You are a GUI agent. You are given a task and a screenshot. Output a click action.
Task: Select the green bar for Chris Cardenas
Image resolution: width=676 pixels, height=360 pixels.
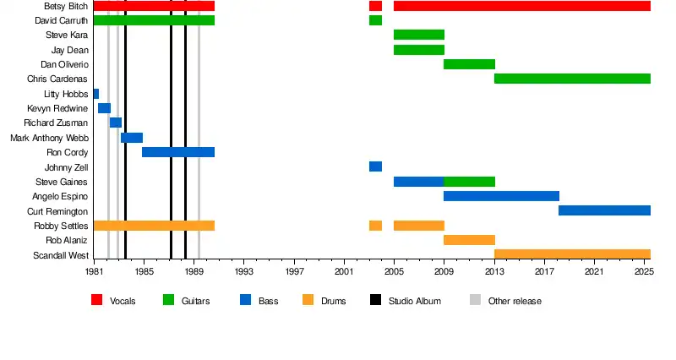coord(572,79)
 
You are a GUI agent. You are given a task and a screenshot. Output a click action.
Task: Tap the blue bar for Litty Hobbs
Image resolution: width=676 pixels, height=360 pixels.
coord(95,94)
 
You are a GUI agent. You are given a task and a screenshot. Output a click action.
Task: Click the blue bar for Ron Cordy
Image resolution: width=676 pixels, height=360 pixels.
coord(177,152)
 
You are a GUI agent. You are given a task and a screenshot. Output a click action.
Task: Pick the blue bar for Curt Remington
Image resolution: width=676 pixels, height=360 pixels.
coord(604,210)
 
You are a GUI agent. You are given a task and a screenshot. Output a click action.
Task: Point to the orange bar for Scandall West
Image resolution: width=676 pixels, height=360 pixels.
coord(572,254)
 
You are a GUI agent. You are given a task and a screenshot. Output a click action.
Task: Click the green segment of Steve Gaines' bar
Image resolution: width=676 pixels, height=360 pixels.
coord(469,182)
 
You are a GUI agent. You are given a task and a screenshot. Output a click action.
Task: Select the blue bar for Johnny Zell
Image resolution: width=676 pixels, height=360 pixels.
coord(375,166)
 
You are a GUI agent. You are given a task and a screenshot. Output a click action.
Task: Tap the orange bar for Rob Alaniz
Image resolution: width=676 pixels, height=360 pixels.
coord(469,240)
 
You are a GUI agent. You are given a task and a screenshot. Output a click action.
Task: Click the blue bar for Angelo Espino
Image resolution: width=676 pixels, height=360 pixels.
coord(501,196)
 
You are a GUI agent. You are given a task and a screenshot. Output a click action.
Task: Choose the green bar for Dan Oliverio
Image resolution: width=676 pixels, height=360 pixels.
coord(469,64)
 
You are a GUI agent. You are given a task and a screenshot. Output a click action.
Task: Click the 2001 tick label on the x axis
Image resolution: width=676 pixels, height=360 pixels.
coord(344,271)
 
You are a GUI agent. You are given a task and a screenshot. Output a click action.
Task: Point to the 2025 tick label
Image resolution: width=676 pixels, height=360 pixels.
coord(644,271)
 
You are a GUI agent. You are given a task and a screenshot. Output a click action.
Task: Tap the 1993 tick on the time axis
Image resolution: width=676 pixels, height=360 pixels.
coord(244,271)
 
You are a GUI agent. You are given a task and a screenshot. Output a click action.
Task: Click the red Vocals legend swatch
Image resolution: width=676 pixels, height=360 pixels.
coord(96,300)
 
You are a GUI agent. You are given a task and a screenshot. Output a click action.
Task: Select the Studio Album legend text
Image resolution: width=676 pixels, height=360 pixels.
coord(414,301)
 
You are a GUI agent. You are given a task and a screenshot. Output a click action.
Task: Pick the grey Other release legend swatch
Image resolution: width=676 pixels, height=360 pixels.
coord(475,300)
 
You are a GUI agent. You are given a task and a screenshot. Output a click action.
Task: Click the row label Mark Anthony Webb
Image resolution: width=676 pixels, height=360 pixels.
coord(49,138)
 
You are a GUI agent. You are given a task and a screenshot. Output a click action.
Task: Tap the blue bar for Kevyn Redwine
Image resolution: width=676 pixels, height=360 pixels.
coord(104,108)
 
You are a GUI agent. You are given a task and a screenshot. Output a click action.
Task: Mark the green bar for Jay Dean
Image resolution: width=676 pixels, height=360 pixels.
coord(418,50)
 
